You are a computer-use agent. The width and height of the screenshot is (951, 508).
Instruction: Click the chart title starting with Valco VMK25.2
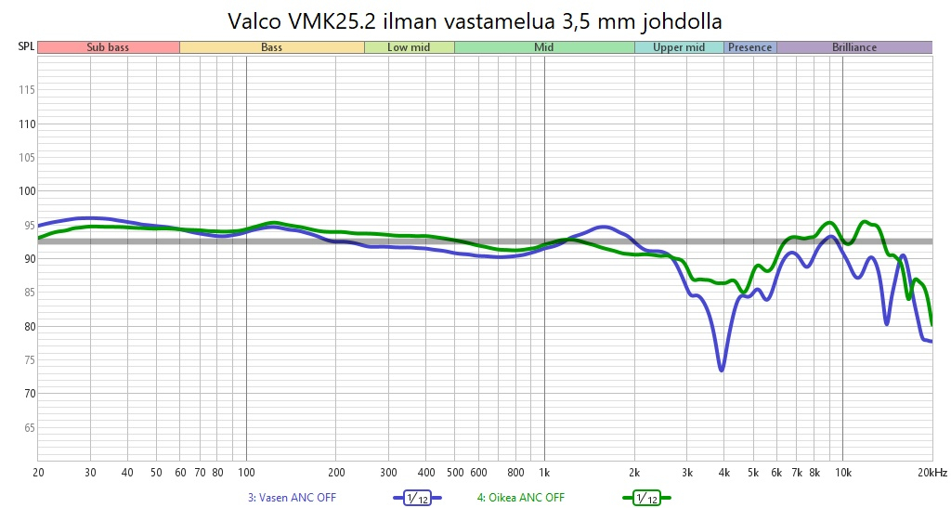[x=475, y=20]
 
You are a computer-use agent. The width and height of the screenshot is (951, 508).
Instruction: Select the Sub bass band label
[x=108, y=47]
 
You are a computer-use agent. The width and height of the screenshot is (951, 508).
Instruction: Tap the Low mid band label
[x=409, y=47]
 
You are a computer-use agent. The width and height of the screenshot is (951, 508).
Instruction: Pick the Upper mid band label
[x=679, y=47]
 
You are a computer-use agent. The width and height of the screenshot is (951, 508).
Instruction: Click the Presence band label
[x=749, y=47]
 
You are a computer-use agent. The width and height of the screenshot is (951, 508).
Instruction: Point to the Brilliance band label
[x=853, y=47]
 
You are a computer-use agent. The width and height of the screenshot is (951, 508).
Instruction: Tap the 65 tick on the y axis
[x=28, y=428]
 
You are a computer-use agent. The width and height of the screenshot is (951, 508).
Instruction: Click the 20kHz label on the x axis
[x=931, y=473]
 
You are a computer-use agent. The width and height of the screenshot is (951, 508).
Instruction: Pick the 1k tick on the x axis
[x=544, y=473]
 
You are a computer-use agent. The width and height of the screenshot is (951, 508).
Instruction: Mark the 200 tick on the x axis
[x=335, y=473]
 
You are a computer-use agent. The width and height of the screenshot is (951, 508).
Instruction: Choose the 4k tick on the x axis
[x=723, y=473]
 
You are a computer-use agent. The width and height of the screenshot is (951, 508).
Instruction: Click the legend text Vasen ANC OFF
[x=292, y=498]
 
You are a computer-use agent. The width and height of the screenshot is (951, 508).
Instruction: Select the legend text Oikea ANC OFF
[x=521, y=498]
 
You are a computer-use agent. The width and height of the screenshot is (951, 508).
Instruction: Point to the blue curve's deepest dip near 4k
[x=722, y=370]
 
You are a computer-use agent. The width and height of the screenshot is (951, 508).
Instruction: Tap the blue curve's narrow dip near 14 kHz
[x=887, y=323]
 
